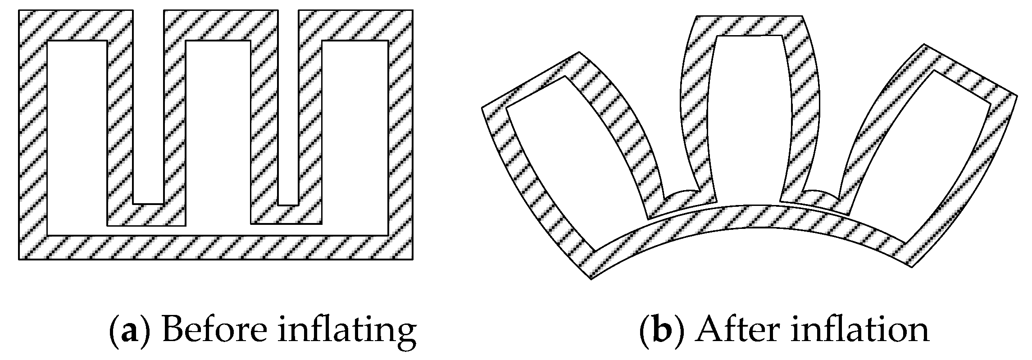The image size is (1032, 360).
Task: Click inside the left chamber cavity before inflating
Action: [x=77, y=135]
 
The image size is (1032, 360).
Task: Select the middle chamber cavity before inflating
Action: [x=218, y=131]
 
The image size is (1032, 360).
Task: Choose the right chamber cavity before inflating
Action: [x=355, y=135]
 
